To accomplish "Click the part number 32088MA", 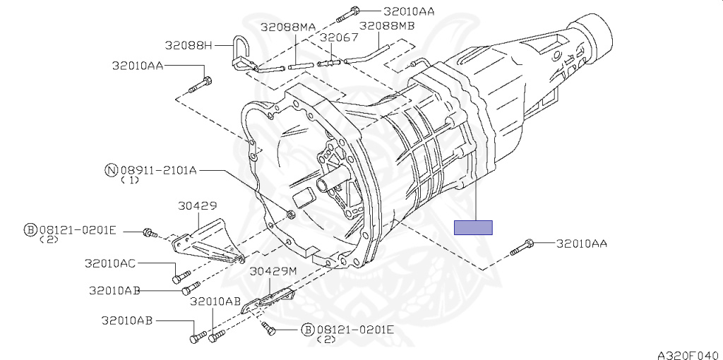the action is (288, 27).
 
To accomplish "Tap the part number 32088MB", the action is (387, 25).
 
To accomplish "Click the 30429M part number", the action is (273, 272).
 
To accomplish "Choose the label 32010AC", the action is (109, 263).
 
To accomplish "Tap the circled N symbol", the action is (111, 171).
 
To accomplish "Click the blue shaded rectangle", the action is (473, 228).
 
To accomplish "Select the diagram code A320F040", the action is (689, 355).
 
